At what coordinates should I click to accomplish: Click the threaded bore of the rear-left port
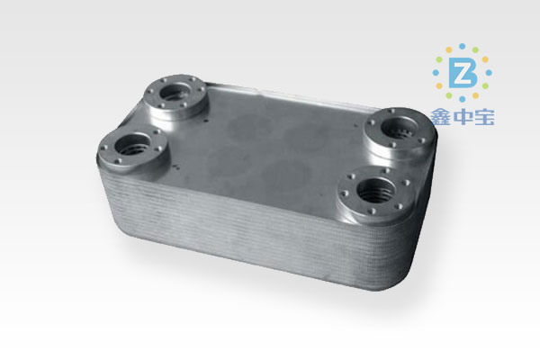pyautogui.click(x=174, y=91)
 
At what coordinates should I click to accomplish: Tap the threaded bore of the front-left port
pyautogui.click(x=131, y=145)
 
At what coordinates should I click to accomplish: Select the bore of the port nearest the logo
pyautogui.click(x=399, y=129)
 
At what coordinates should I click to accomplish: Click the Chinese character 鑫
pyautogui.click(x=440, y=117)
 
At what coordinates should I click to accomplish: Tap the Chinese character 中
pyautogui.click(x=463, y=117)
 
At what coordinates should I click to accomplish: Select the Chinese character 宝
pyautogui.click(x=484, y=117)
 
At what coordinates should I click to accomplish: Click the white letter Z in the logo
pyautogui.click(x=462, y=73)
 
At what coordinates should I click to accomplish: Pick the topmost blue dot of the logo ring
pyautogui.click(x=463, y=46)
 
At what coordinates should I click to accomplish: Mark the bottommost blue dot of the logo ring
pyautogui.click(x=463, y=99)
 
